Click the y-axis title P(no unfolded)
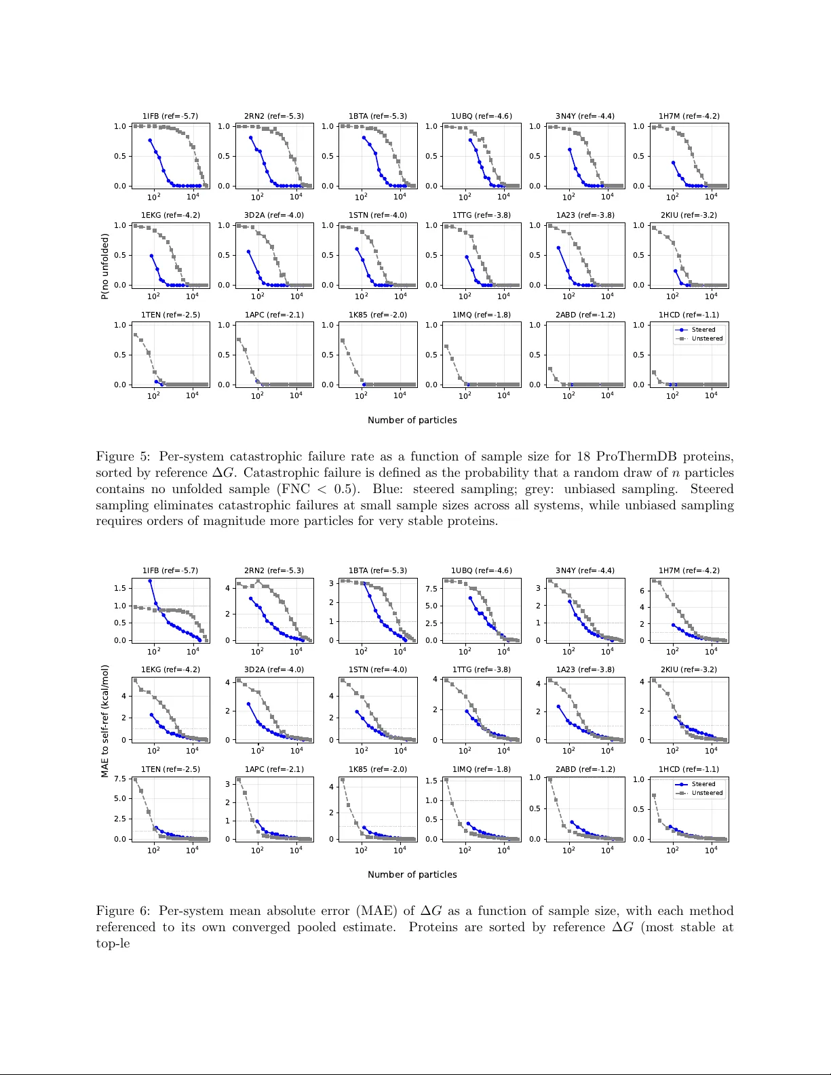pos(104,266)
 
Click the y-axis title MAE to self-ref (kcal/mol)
pos(104,721)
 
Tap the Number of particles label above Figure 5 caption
pos(412,420)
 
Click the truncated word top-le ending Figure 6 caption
pos(113,943)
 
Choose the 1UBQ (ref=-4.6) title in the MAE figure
pos(482,570)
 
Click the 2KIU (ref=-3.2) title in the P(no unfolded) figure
pos(689,215)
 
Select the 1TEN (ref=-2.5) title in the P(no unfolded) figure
pos(170,315)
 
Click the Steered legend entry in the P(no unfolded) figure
pos(703,330)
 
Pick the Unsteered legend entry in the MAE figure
pos(707,793)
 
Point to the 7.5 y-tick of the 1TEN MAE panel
pos(120,779)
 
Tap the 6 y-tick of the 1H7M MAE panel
pos(642,591)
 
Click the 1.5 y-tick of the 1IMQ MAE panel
pos(431,781)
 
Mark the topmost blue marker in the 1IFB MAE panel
pos(150,581)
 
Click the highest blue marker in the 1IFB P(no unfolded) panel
pos(150,140)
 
